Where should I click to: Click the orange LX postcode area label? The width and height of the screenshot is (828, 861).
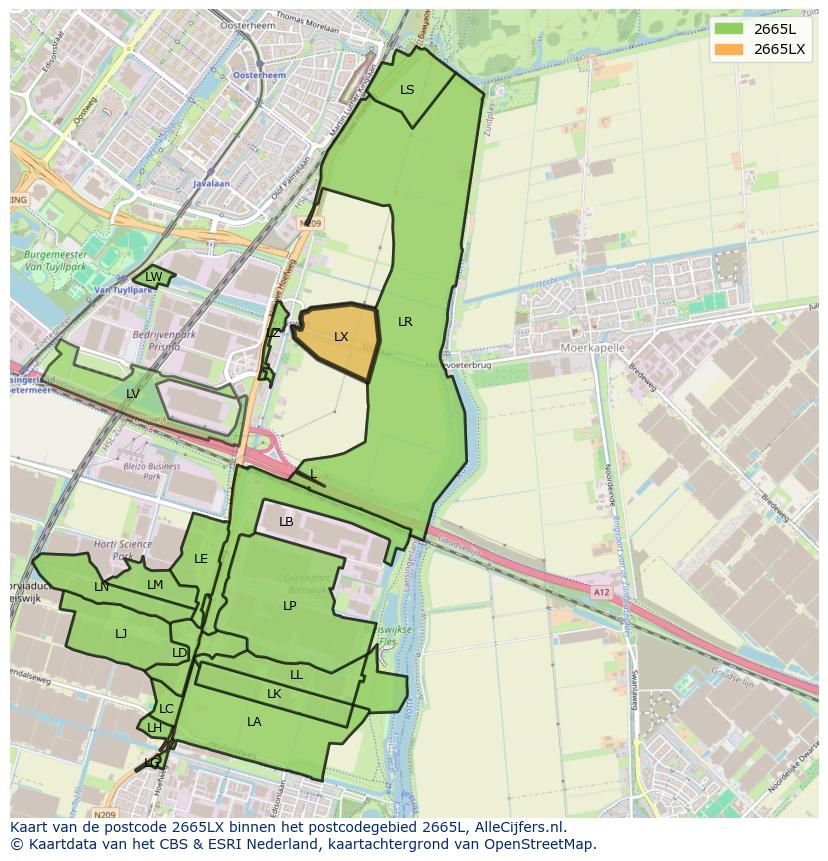(341, 337)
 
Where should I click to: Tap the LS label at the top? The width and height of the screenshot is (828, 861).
(407, 90)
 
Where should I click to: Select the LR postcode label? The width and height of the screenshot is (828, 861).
(405, 322)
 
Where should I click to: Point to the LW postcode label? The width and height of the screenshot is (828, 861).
(153, 277)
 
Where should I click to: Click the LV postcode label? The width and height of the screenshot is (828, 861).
(133, 394)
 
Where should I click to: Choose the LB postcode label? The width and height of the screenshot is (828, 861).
(286, 522)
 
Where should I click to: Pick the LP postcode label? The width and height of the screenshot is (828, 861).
(289, 606)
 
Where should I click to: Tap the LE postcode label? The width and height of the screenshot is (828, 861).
(201, 559)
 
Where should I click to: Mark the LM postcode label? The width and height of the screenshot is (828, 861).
(155, 585)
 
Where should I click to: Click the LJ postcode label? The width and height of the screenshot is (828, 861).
(121, 634)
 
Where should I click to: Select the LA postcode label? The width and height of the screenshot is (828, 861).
(254, 722)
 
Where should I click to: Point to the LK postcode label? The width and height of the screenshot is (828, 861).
(274, 694)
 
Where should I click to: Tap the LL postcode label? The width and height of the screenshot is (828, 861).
(296, 675)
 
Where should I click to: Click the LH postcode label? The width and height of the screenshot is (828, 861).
(154, 728)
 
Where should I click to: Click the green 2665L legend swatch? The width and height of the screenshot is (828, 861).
(729, 29)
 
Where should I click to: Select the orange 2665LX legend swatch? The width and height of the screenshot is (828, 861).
(729, 49)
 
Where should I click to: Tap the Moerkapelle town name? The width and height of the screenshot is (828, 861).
(593, 348)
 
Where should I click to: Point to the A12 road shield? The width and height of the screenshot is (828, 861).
(599, 592)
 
